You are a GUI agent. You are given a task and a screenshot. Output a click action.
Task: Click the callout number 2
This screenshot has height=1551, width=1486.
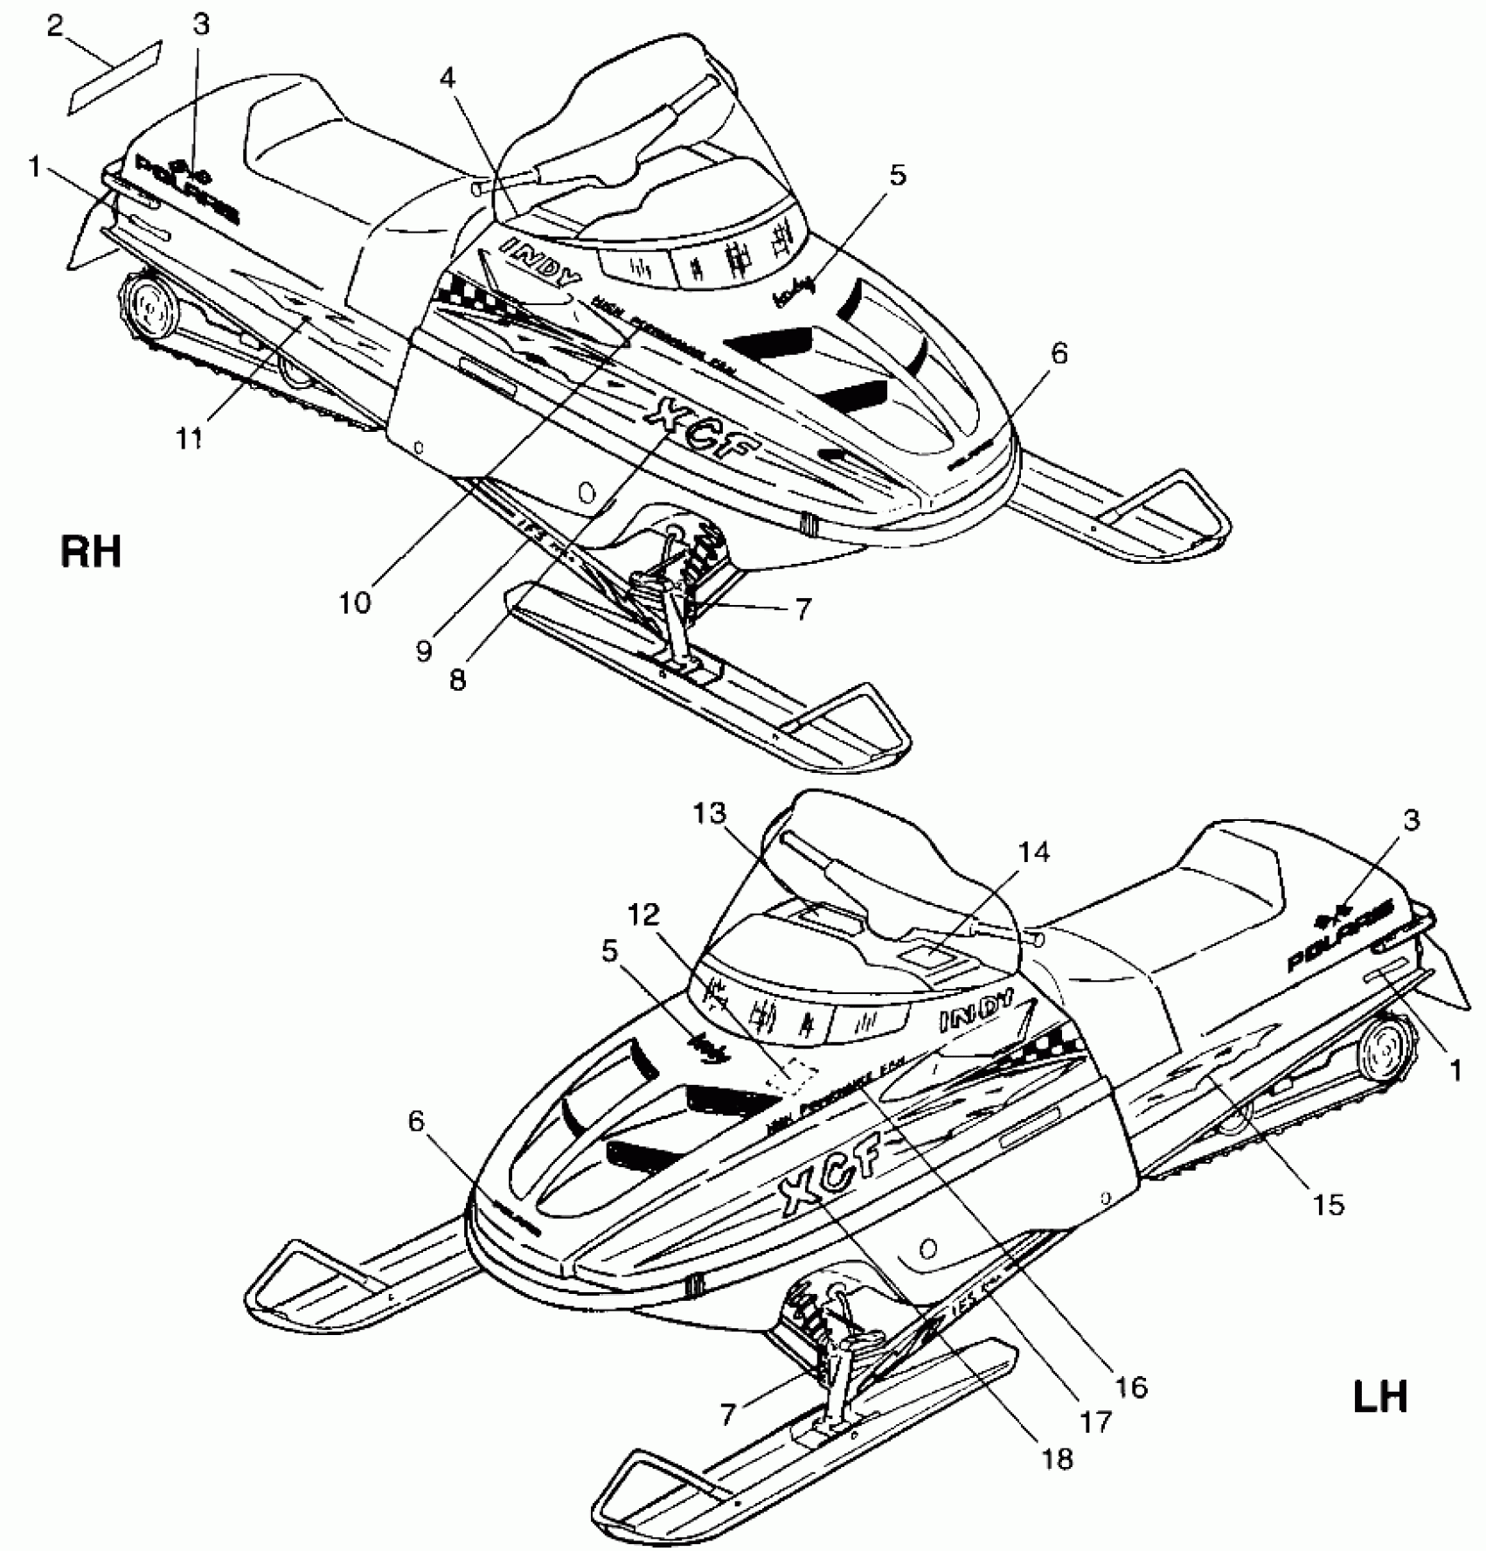pyautogui.click(x=55, y=27)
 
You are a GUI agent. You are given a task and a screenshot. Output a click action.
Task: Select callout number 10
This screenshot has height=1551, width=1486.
pyautogui.click(x=355, y=602)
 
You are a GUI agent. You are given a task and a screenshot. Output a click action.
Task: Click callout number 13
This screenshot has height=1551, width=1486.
pyautogui.click(x=710, y=814)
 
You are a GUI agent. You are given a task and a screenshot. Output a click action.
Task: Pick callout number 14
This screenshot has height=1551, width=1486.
pyautogui.click(x=1033, y=851)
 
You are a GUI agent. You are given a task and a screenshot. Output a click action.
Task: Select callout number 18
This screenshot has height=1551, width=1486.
pyautogui.click(x=1057, y=1459)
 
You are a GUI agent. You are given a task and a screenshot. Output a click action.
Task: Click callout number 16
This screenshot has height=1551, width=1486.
pyautogui.click(x=1131, y=1387)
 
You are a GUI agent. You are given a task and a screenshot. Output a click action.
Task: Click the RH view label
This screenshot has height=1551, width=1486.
pyautogui.click(x=91, y=553)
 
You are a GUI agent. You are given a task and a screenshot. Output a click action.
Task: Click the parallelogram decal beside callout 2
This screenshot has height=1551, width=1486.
pyautogui.click(x=116, y=77)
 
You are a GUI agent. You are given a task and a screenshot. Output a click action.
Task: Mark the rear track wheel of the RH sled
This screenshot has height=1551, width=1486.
pyautogui.click(x=145, y=309)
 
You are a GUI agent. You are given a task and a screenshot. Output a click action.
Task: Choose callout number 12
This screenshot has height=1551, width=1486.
pyautogui.click(x=647, y=915)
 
